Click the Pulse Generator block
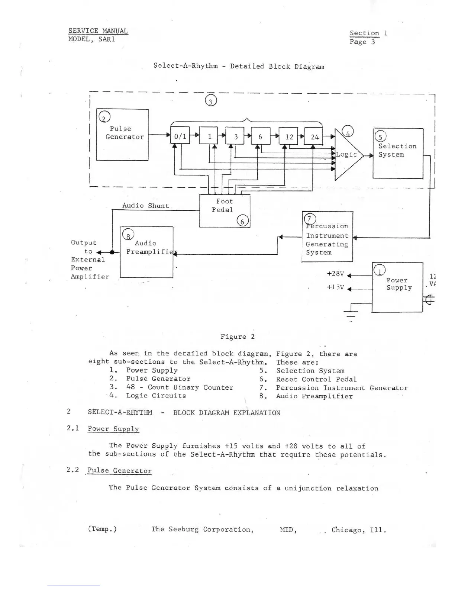point(122,135)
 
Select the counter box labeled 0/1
point(180,136)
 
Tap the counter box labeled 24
point(314,136)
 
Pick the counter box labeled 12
point(288,136)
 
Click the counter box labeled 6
point(260,136)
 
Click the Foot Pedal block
point(225,210)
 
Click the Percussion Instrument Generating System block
point(327,237)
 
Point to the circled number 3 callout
point(211,101)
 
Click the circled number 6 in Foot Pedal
point(242,222)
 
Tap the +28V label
point(335,274)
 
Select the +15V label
point(335,287)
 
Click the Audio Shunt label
point(146,206)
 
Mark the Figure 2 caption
point(238,337)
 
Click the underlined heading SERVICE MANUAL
point(98,31)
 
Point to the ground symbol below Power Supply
point(351,313)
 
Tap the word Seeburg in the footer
point(185,529)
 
